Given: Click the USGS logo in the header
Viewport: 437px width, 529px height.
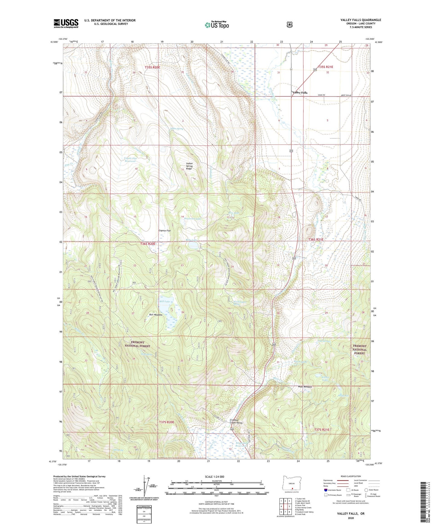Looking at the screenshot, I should pos(66,23).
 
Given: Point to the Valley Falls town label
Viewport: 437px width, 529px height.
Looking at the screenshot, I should pos(299,93).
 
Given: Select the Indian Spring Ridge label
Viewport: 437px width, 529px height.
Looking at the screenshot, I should pos(189,166).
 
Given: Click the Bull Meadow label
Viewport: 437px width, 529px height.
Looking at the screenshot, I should pos(156,315).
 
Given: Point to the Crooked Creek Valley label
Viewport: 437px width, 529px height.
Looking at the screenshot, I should pos(236,421).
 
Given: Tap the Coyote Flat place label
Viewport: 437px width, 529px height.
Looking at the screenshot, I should pos(165,231).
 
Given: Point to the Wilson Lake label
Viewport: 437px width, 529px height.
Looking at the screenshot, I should pos(325,378).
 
